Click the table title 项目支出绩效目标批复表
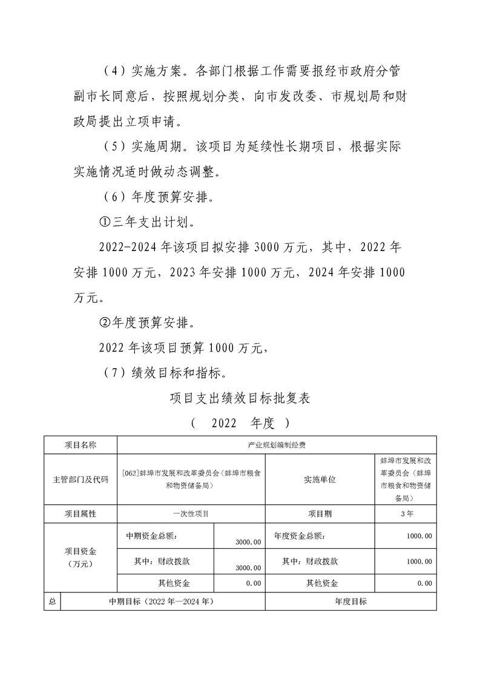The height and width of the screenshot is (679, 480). [240, 398]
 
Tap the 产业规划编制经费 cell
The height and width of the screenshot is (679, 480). [276, 445]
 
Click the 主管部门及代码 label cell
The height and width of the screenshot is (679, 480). [80, 479]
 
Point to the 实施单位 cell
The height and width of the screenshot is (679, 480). [320, 479]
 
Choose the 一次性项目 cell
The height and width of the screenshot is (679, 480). [191, 514]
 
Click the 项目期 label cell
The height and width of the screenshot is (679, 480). [320, 514]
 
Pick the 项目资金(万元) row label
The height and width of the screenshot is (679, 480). [80, 557]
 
